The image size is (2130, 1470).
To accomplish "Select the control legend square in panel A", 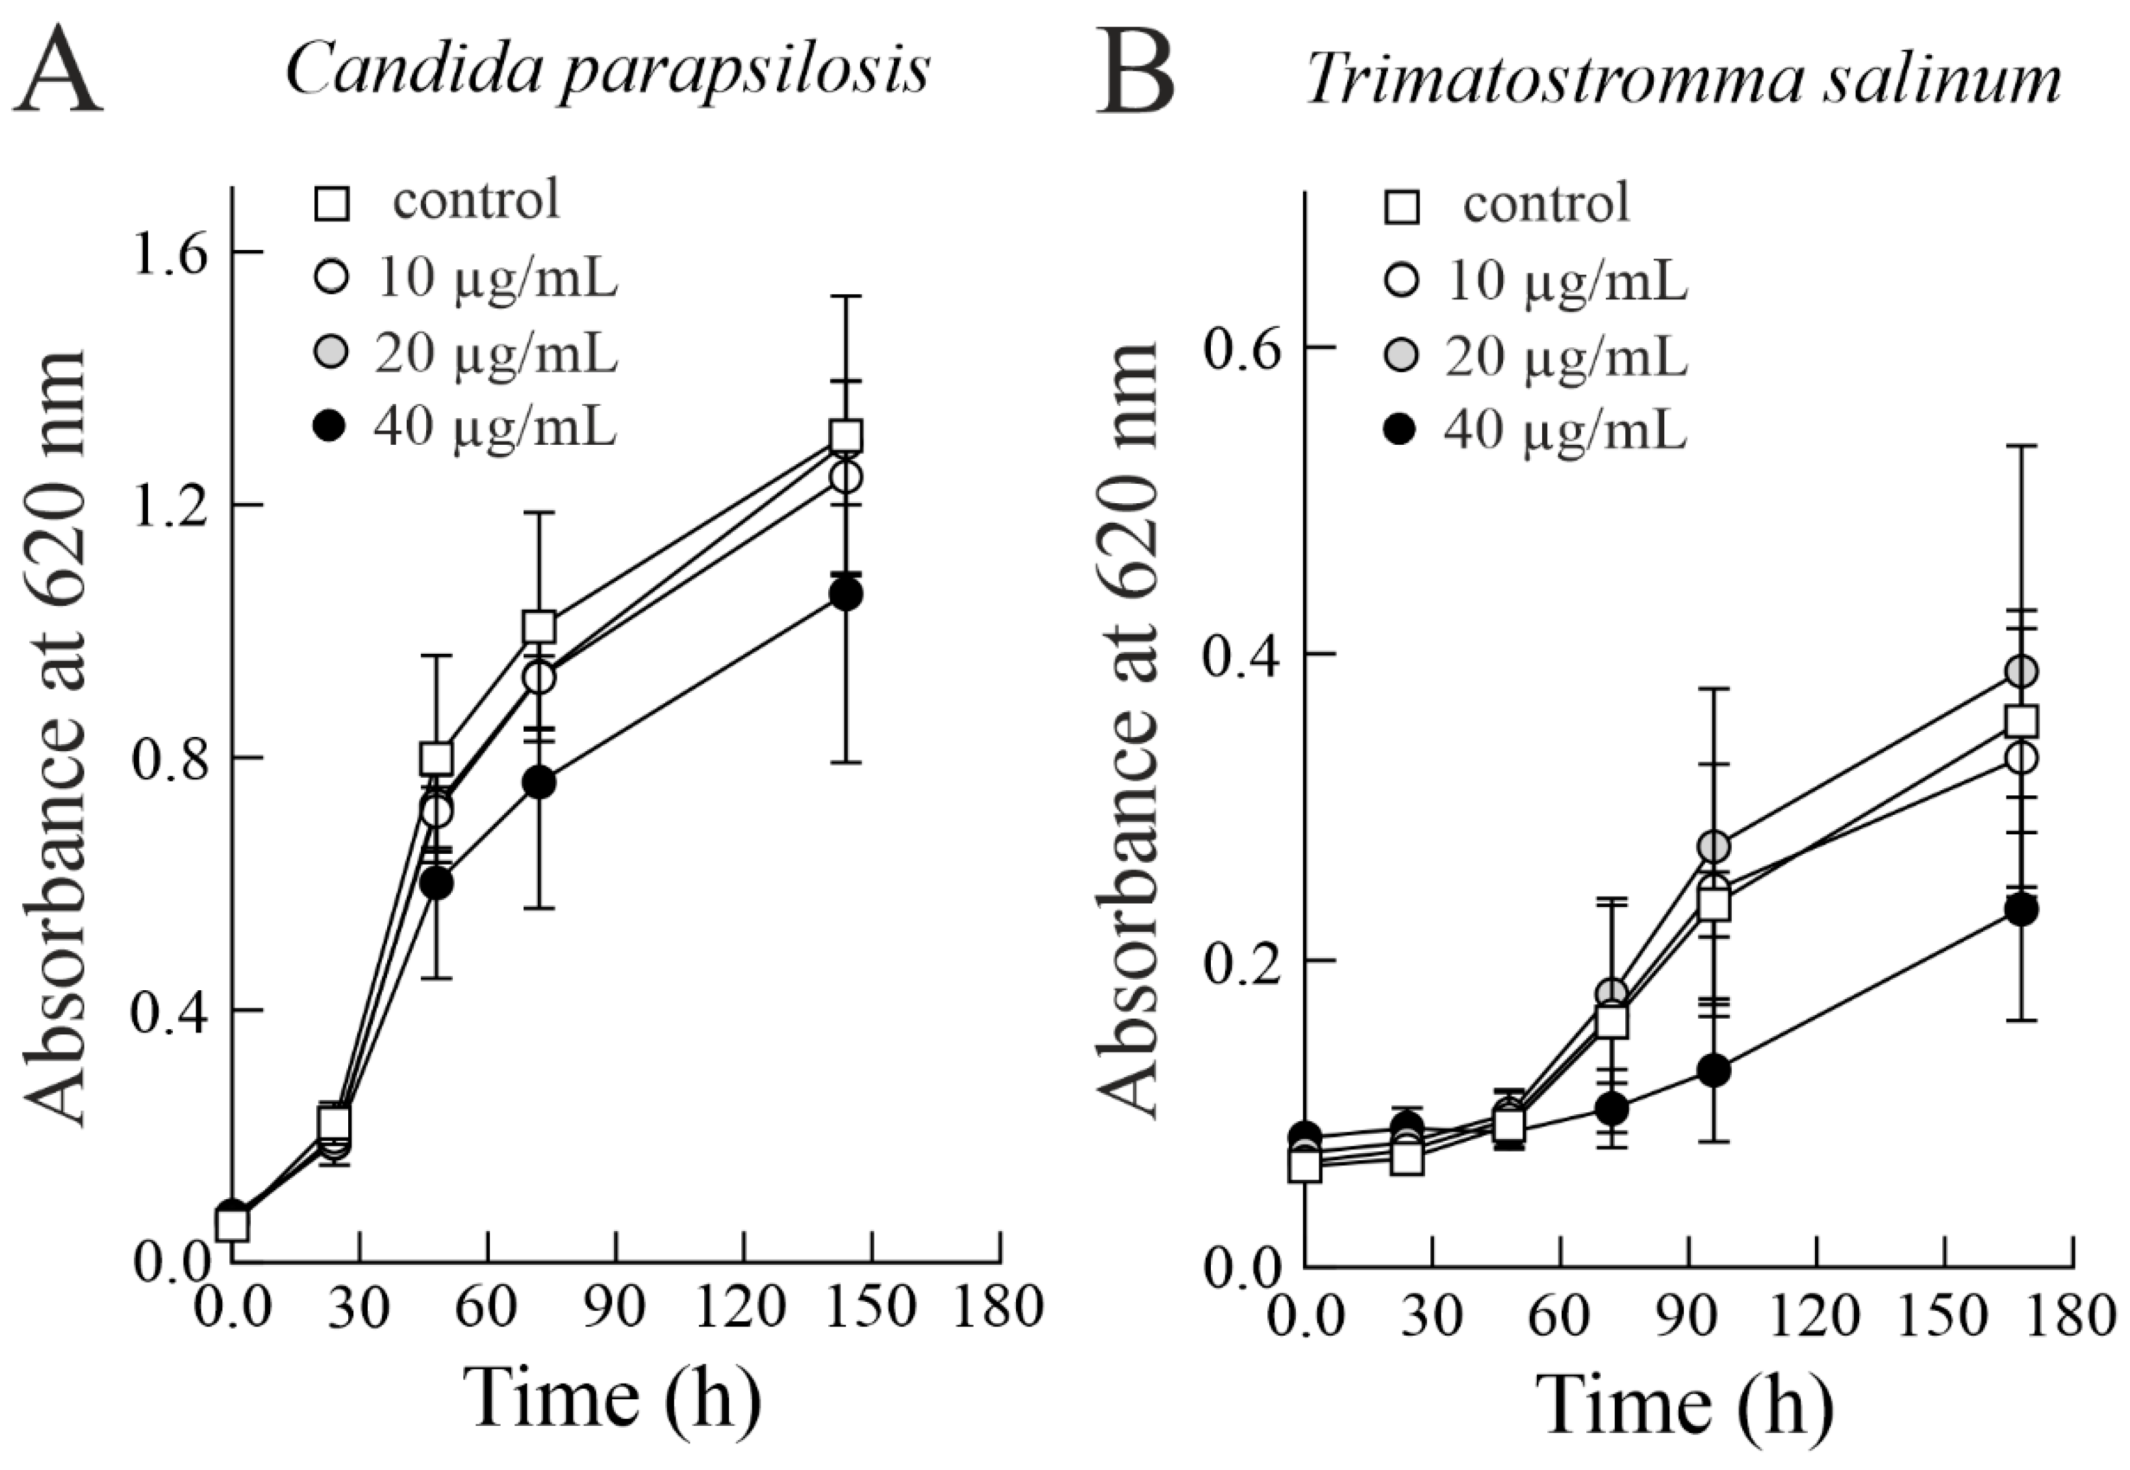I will [x=332, y=203].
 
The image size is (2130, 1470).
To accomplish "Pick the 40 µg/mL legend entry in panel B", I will [x=1564, y=430].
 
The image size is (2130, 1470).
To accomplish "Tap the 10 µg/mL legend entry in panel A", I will [x=495, y=278].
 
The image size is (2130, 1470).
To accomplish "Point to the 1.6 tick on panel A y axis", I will [x=171, y=253].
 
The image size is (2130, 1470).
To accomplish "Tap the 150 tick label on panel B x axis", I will [x=1942, y=1315].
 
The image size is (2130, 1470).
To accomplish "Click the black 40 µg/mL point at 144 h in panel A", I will [x=846, y=595].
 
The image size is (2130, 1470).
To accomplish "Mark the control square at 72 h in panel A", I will [x=539, y=627].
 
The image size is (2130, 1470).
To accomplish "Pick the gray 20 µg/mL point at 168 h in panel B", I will [x=2022, y=671].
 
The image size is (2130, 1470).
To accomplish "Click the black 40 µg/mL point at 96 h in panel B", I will [x=1714, y=1070].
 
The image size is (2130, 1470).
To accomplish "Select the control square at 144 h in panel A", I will [x=846, y=436].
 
